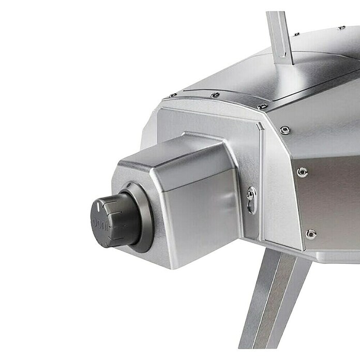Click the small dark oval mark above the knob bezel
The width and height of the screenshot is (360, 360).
[129, 185]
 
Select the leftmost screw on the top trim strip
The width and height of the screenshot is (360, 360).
[173, 95]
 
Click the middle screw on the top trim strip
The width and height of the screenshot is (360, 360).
[215, 94]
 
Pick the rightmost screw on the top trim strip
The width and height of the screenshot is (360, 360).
[262, 106]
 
